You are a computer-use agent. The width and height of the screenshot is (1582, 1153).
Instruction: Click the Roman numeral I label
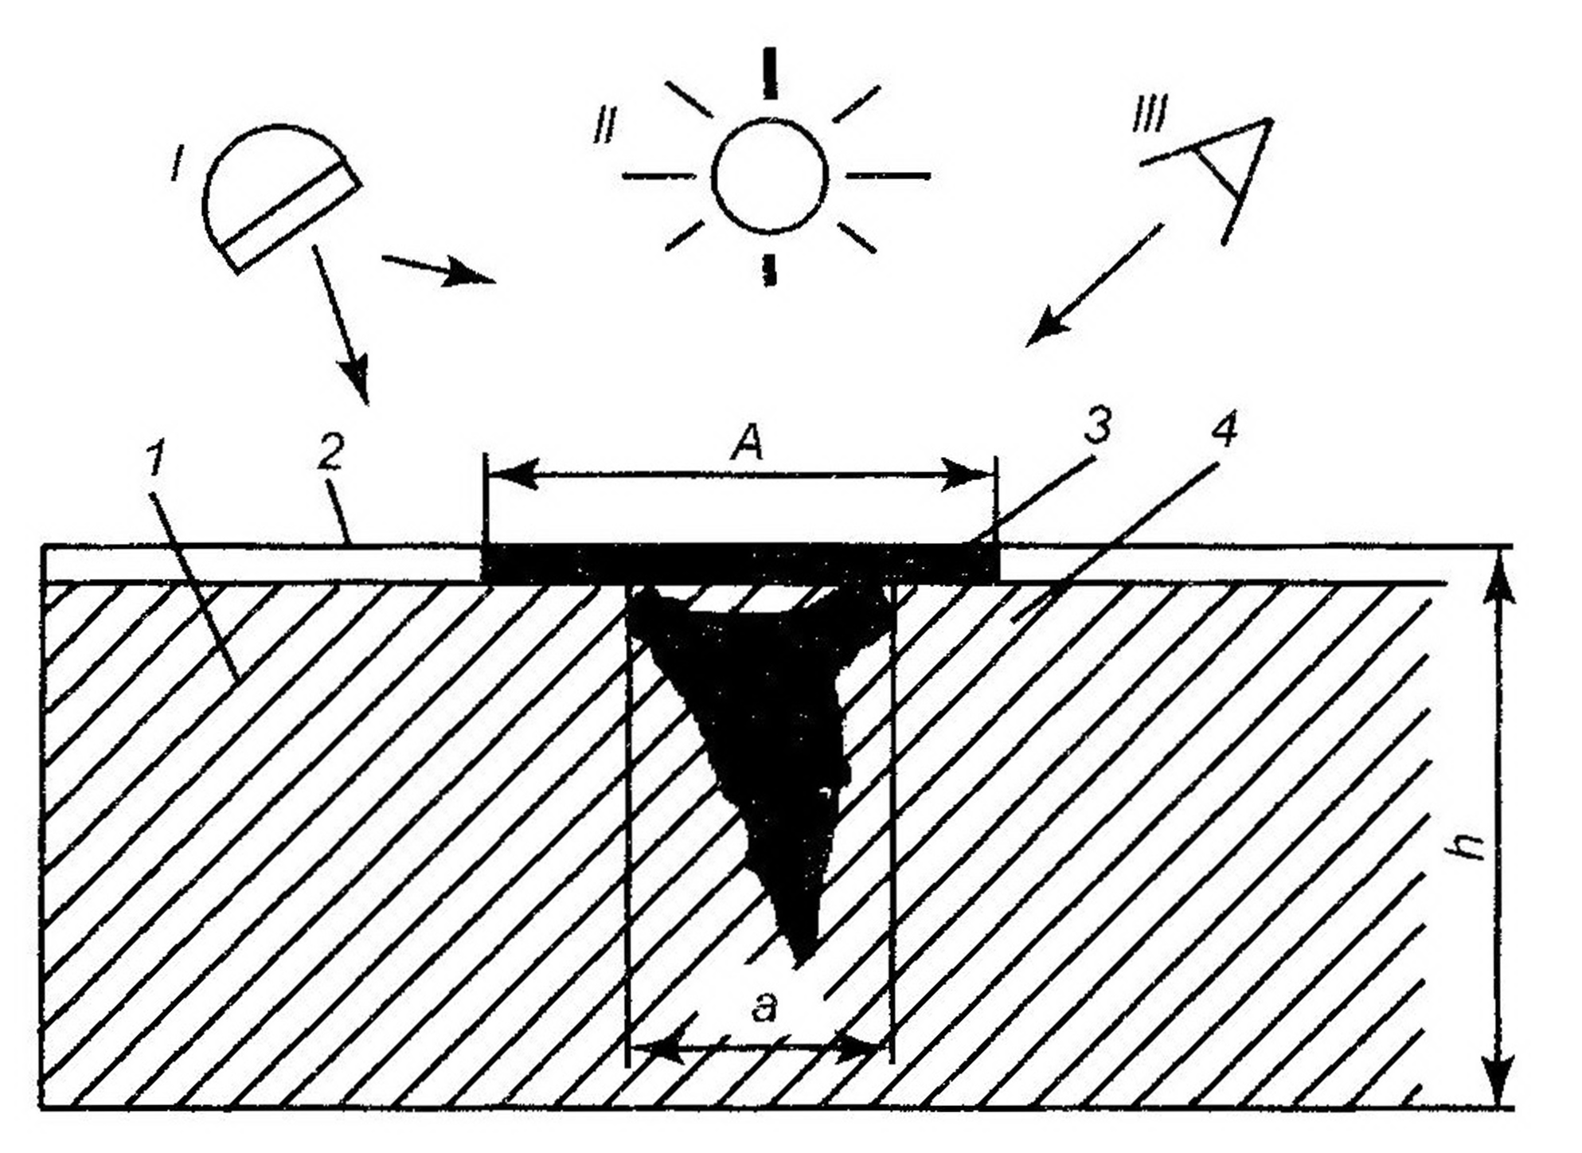(175, 166)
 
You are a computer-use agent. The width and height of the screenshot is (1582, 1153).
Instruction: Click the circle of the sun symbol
(769, 176)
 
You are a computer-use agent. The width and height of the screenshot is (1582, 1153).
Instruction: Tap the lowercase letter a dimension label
(763, 1008)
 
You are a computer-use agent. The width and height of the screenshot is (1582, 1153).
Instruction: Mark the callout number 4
(1224, 431)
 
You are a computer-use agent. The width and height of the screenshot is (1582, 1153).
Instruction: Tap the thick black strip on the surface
(740, 564)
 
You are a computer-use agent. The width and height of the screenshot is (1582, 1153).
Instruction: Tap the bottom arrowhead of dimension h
(1501, 1083)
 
